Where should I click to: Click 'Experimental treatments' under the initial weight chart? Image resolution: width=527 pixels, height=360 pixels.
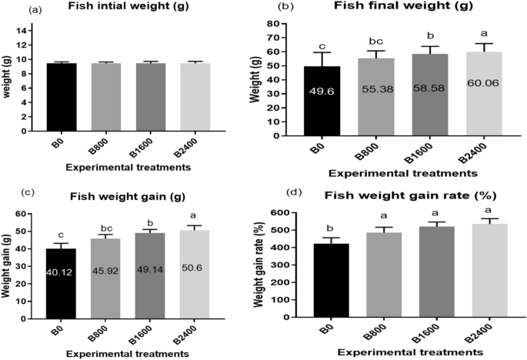(115, 166)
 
